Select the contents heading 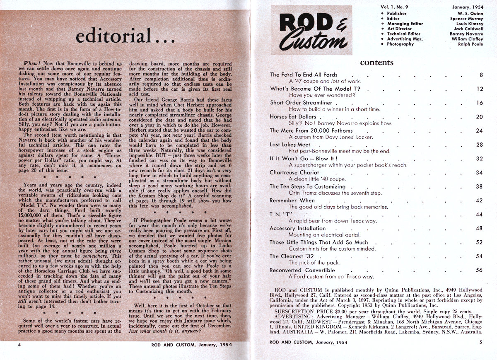click(x=376, y=63)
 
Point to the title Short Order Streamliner click(x=301, y=103)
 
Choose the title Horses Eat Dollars click(x=293, y=117)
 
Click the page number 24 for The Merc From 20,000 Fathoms click(x=480, y=130)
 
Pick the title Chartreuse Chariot click(x=294, y=172)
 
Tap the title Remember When click(x=292, y=200)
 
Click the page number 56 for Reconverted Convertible click(x=480, y=270)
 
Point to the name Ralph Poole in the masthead click(x=470, y=44)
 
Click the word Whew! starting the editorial click(x=32, y=61)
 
